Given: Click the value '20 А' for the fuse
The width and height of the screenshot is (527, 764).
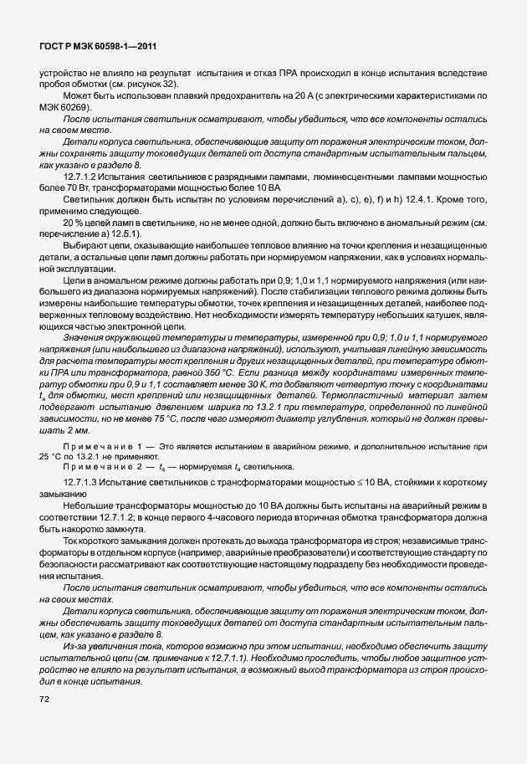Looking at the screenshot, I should point(279,98).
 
